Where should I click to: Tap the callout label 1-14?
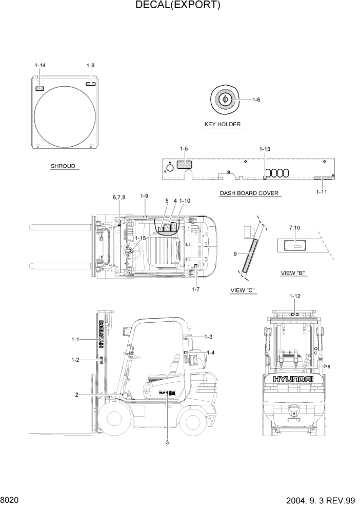40,65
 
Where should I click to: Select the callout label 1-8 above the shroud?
90,65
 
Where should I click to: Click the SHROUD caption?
63,166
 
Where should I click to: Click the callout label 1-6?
256,100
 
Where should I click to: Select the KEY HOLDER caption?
223,124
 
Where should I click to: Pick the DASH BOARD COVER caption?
249,193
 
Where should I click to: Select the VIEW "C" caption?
243,290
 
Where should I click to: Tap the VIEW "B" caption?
294,273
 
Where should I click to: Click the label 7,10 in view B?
295,227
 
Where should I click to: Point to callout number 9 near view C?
234,253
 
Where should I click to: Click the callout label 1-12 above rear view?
295,297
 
